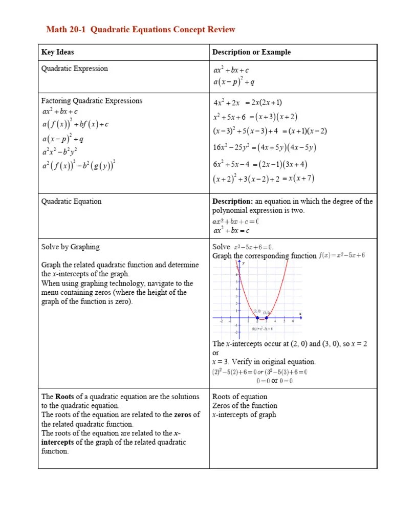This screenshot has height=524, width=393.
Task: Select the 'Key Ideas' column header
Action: [x=57, y=52]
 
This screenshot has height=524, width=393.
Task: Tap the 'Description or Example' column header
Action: [x=251, y=52]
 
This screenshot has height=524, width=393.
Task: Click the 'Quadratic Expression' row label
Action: [x=74, y=69]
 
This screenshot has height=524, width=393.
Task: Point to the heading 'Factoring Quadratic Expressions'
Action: [x=92, y=101]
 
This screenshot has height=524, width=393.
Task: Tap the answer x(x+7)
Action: [x=301, y=179]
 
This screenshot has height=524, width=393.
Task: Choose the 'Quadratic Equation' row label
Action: [x=71, y=201]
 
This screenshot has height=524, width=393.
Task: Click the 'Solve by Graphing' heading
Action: [x=70, y=247]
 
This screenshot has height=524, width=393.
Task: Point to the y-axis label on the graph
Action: [x=243, y=263]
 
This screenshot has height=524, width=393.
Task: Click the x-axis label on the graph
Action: [x=300, y=313]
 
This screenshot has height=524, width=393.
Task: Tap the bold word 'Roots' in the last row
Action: [x=65, y=397]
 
